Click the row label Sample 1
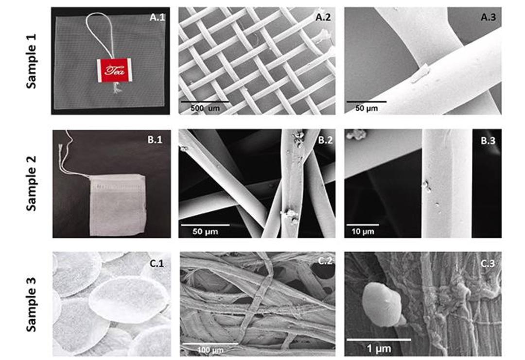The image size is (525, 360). click(x=31, y=61)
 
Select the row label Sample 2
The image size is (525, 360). click(x=31, y=183)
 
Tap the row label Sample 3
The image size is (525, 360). click(x=31, y=305)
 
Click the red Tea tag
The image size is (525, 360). click(x=115, y=70)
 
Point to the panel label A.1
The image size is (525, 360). click(x=157, y=17)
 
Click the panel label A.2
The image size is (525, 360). click(x=323, y=17)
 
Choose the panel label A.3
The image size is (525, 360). click(x=488, y=17)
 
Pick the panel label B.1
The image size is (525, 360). click(x=155, y=140)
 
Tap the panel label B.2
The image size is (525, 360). click(x=325, y=140)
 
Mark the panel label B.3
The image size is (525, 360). click(x=488, y=141)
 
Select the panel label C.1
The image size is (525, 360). click(x=157, y=264)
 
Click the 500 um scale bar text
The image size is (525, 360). click(x=205, y=108)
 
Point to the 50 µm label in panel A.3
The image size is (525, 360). click(x=367, y=108)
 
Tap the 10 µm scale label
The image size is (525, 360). click(x=363, y=232)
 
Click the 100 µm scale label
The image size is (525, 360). click(x=210, y=350)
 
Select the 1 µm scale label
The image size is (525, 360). click(x=379, y=349)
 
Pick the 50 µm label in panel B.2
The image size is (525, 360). click(x=205, y=232)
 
